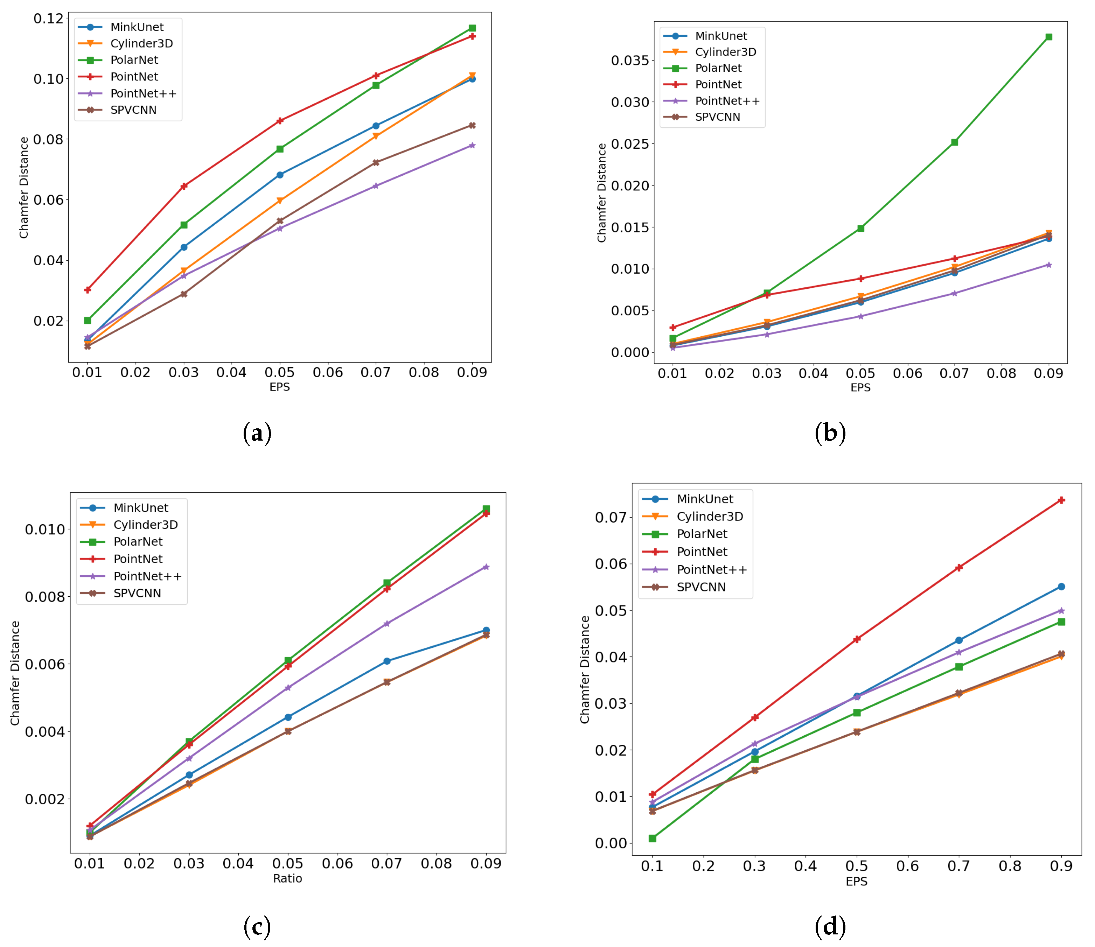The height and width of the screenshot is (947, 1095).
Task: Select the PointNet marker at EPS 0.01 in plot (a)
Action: point(88,290)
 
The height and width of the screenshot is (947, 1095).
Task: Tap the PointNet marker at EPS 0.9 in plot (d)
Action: point(1061,500)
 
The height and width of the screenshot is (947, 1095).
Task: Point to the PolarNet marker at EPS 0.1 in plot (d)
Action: point(653,838)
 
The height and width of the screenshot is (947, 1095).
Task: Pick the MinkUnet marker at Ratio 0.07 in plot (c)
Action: point(387,661)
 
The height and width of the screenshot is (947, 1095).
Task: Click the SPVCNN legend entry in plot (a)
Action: point(133,110)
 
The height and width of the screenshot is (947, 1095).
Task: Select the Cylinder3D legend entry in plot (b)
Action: point(725,52)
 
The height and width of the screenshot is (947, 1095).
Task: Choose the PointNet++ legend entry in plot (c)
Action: point(147,576)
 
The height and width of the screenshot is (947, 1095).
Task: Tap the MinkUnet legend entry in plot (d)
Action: point(704,499)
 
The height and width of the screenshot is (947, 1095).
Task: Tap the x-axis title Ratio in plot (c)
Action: point(287,878)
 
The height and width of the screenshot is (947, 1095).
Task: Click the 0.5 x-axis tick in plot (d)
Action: point(857,866)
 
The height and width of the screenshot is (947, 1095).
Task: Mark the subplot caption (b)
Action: point(830,433)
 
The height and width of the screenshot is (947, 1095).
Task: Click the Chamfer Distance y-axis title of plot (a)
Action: point(24,188)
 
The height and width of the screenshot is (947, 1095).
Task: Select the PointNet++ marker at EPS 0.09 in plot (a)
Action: point(473,145)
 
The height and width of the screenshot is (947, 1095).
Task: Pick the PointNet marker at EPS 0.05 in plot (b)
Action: point(861,279)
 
